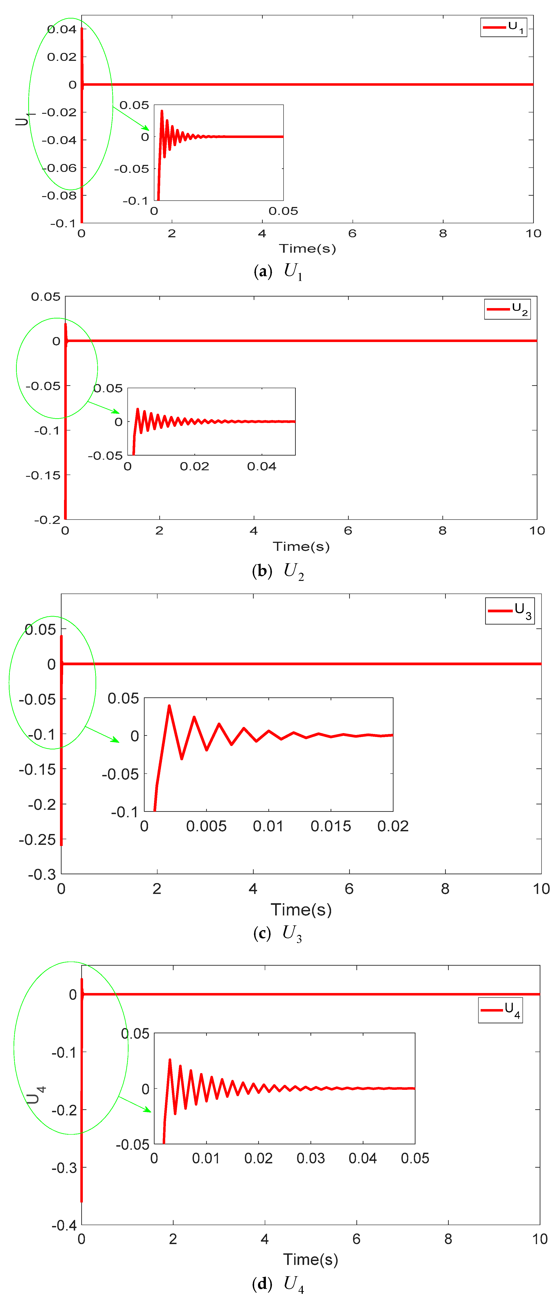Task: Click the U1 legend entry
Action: pyautogui.click(x=504, y=27)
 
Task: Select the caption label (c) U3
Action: pyautogui.click(x=277, y=933)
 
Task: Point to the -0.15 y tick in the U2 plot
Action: pyautogui.click(x=43, y=475)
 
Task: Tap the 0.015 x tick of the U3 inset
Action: pyautogui.click(x=331, y=826)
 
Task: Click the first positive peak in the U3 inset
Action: pyautogui.click(x=169, y=706)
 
